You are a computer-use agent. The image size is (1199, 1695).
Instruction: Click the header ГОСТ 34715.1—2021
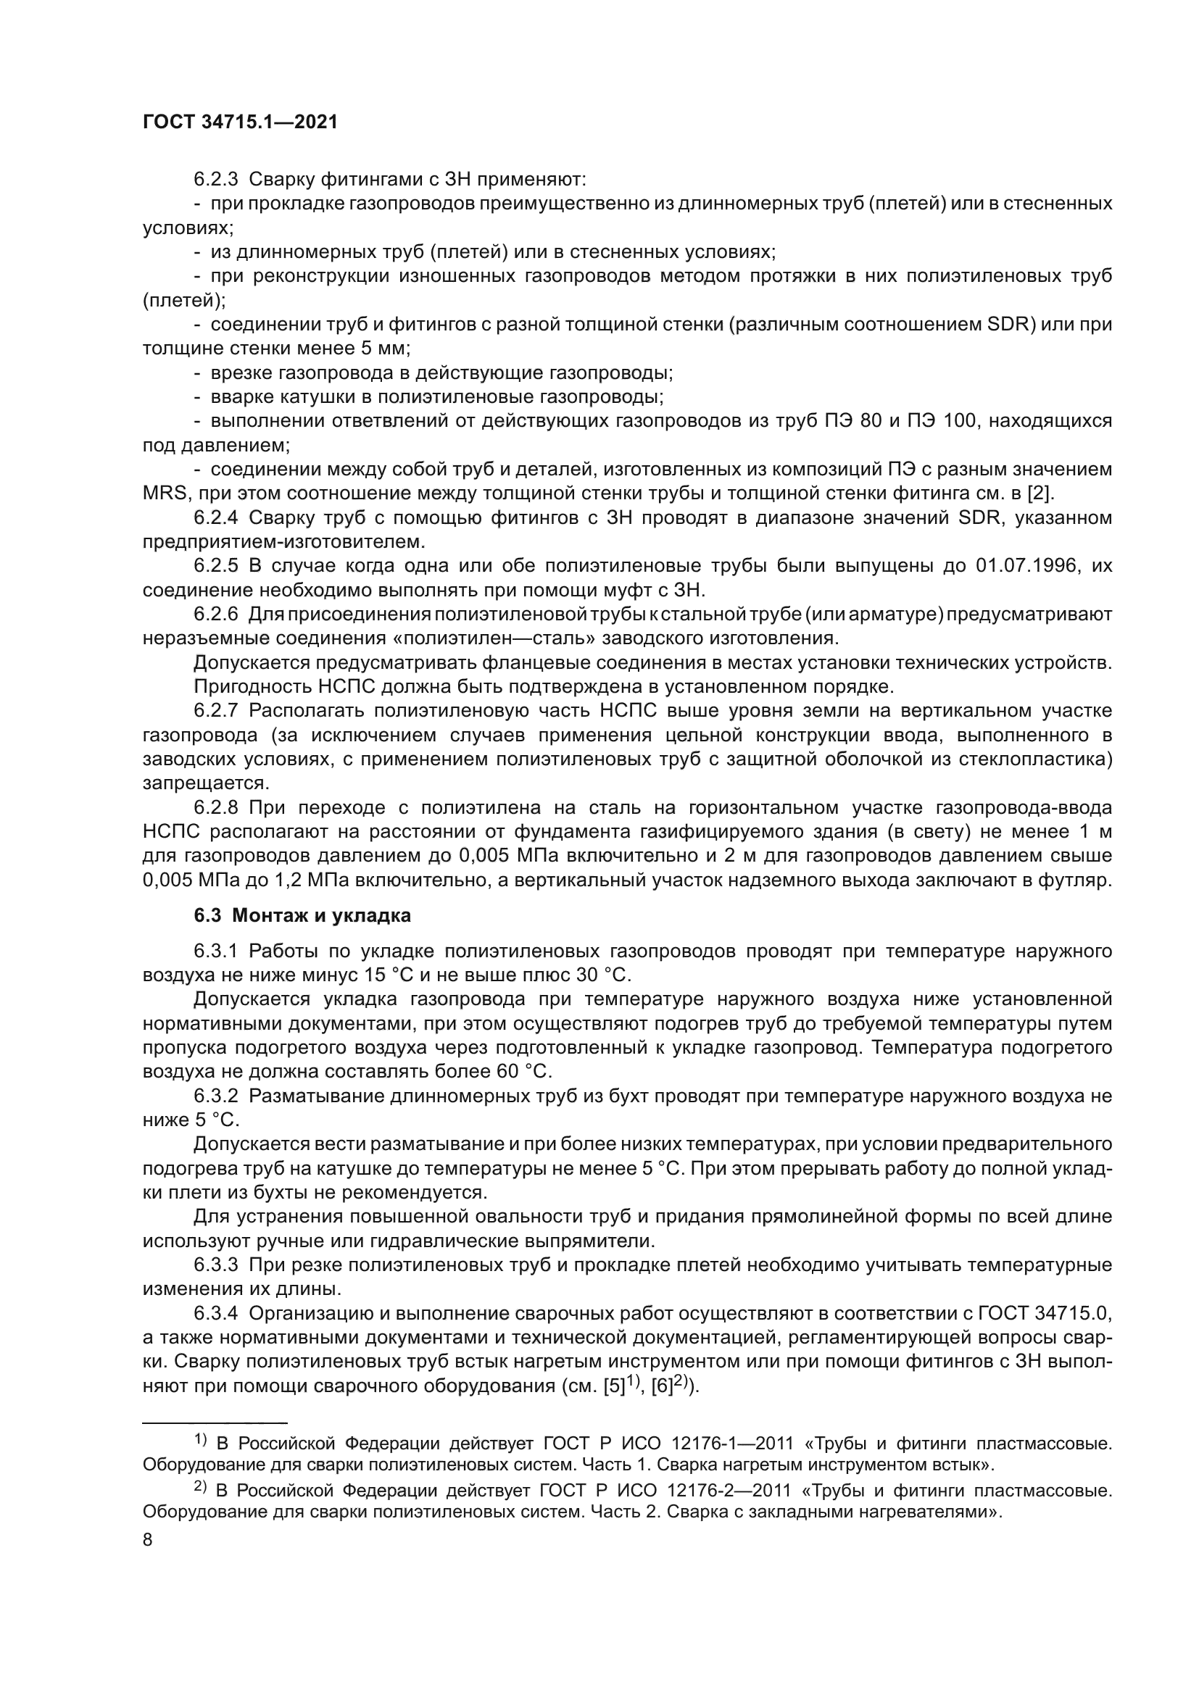(x=240, y=122)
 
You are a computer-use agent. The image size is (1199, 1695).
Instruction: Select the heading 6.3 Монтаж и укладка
(x=303, y=915)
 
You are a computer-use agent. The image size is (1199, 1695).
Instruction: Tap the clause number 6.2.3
(x=215, y=179)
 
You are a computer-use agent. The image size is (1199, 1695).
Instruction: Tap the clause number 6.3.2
(x=215, y=1096)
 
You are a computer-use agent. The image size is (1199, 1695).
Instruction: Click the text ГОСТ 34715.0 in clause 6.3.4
(x=1044, y=1313)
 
